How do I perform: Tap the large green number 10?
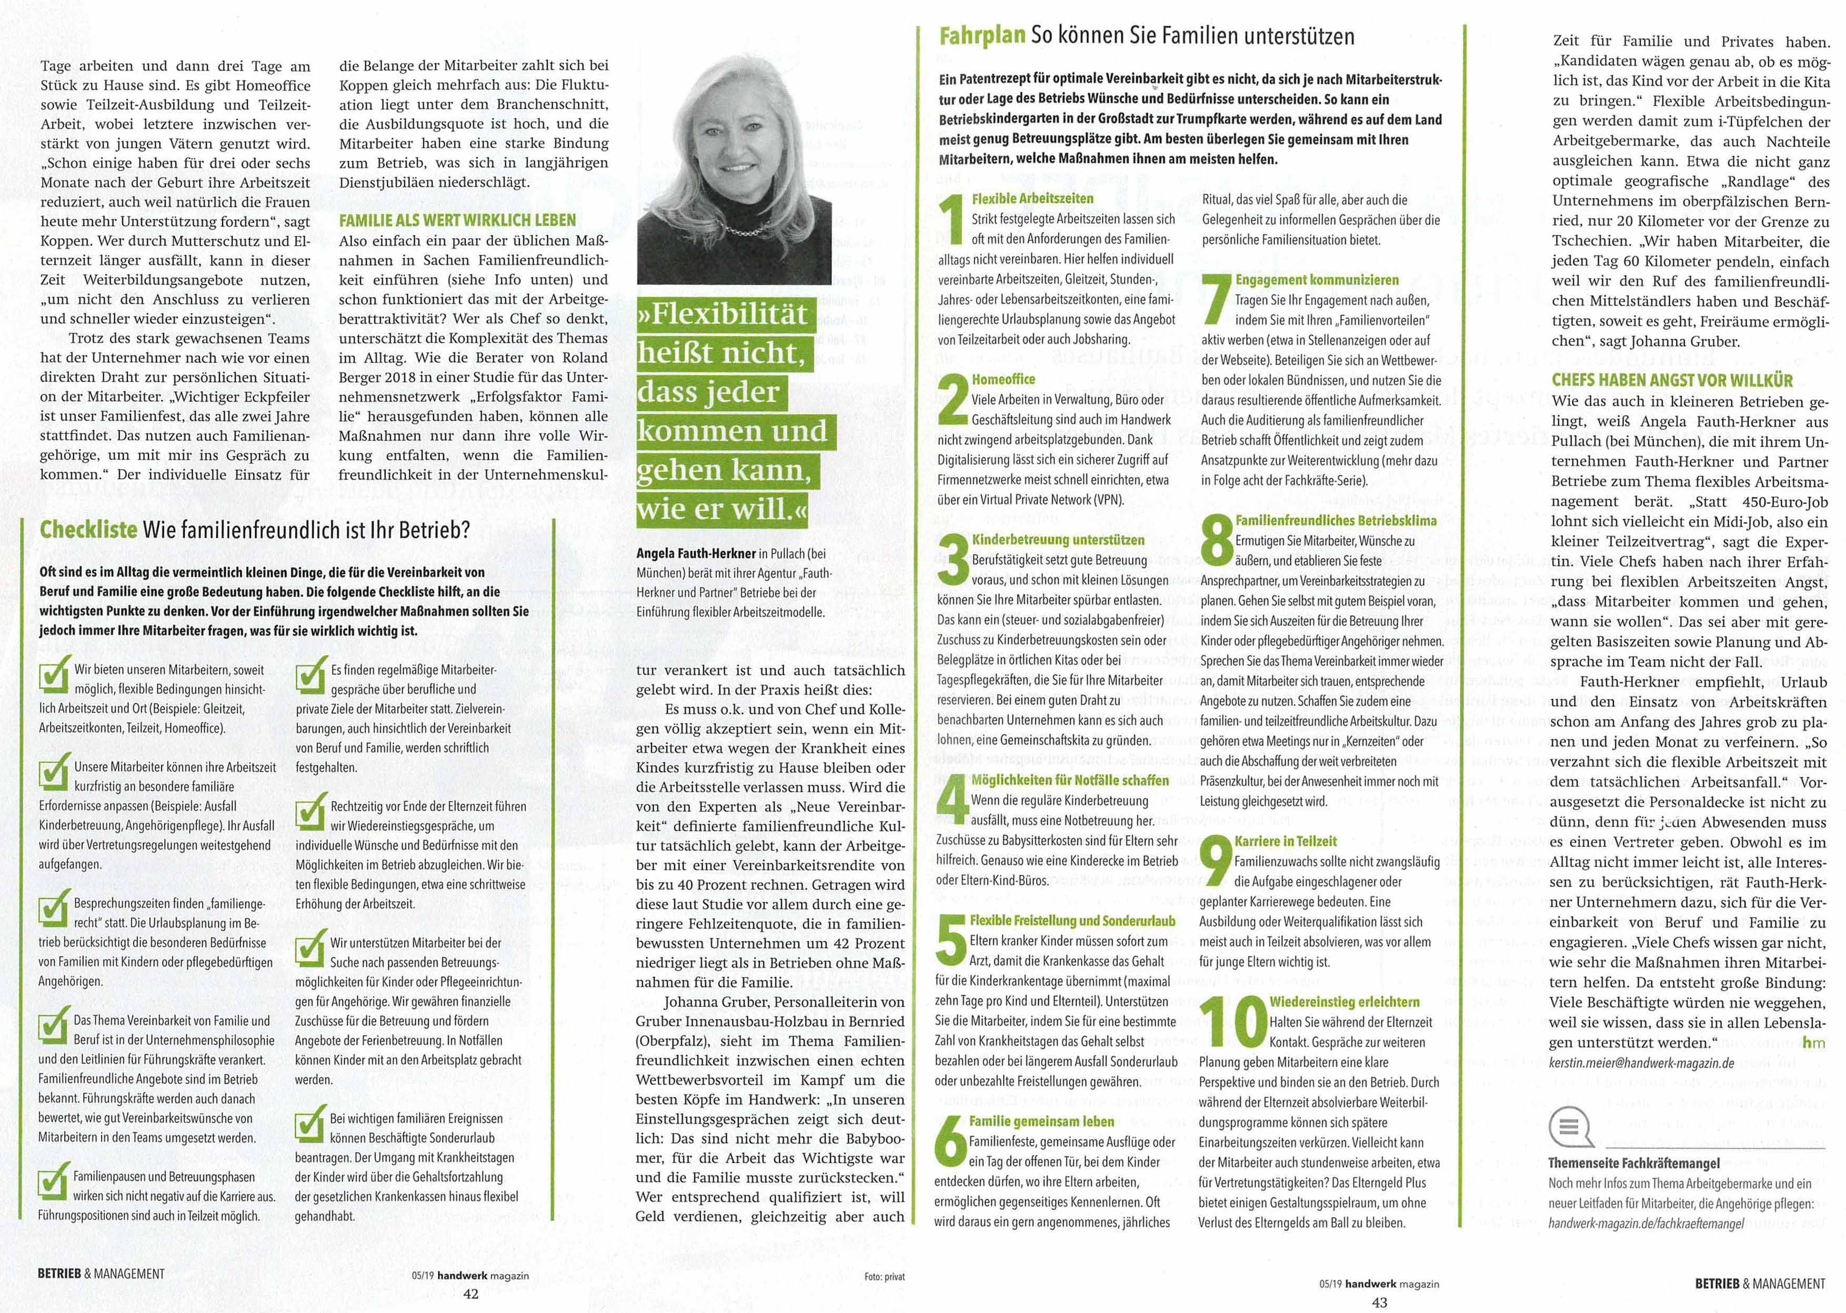(1232, 1021)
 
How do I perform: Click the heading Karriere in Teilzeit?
(1286, 841)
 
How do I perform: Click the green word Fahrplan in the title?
(982, 36)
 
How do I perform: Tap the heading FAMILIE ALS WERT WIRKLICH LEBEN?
(458, 220)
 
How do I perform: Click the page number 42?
(470, 1294)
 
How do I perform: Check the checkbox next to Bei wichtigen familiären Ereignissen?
(310, 1125)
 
